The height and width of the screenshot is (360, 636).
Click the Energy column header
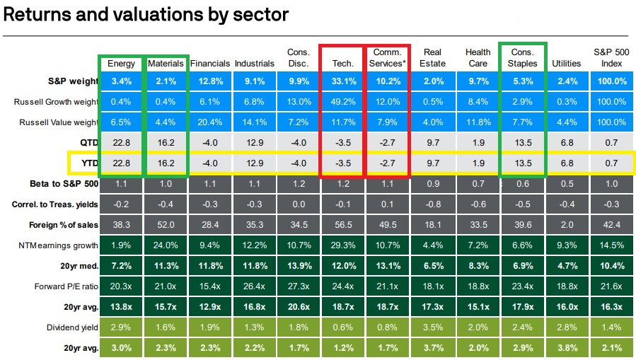[x=121, y=64]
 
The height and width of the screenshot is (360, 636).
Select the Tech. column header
[x=343, y=64]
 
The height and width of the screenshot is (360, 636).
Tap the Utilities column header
[x=566, y=64]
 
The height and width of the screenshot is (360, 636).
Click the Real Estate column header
[x=432, y=58]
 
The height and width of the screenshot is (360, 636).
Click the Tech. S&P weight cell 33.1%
[x=343, y=81]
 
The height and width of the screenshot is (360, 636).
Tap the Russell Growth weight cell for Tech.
[x=343, y=102]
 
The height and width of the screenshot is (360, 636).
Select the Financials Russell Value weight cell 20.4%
[x=210, y=122]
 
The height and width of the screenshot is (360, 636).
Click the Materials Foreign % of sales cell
[x=166, y=226]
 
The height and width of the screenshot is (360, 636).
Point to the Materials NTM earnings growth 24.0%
[x=166, y=246]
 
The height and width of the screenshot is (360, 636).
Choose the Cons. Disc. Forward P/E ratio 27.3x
[x=299, y=287]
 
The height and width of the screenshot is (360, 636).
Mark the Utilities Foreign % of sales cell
[x=566, y=226]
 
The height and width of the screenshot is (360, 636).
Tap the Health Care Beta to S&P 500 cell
[x=477, y=185]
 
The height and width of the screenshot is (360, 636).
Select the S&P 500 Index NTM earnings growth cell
[x=610, y=246]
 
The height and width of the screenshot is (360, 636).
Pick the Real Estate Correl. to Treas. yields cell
[x=432, y=205]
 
